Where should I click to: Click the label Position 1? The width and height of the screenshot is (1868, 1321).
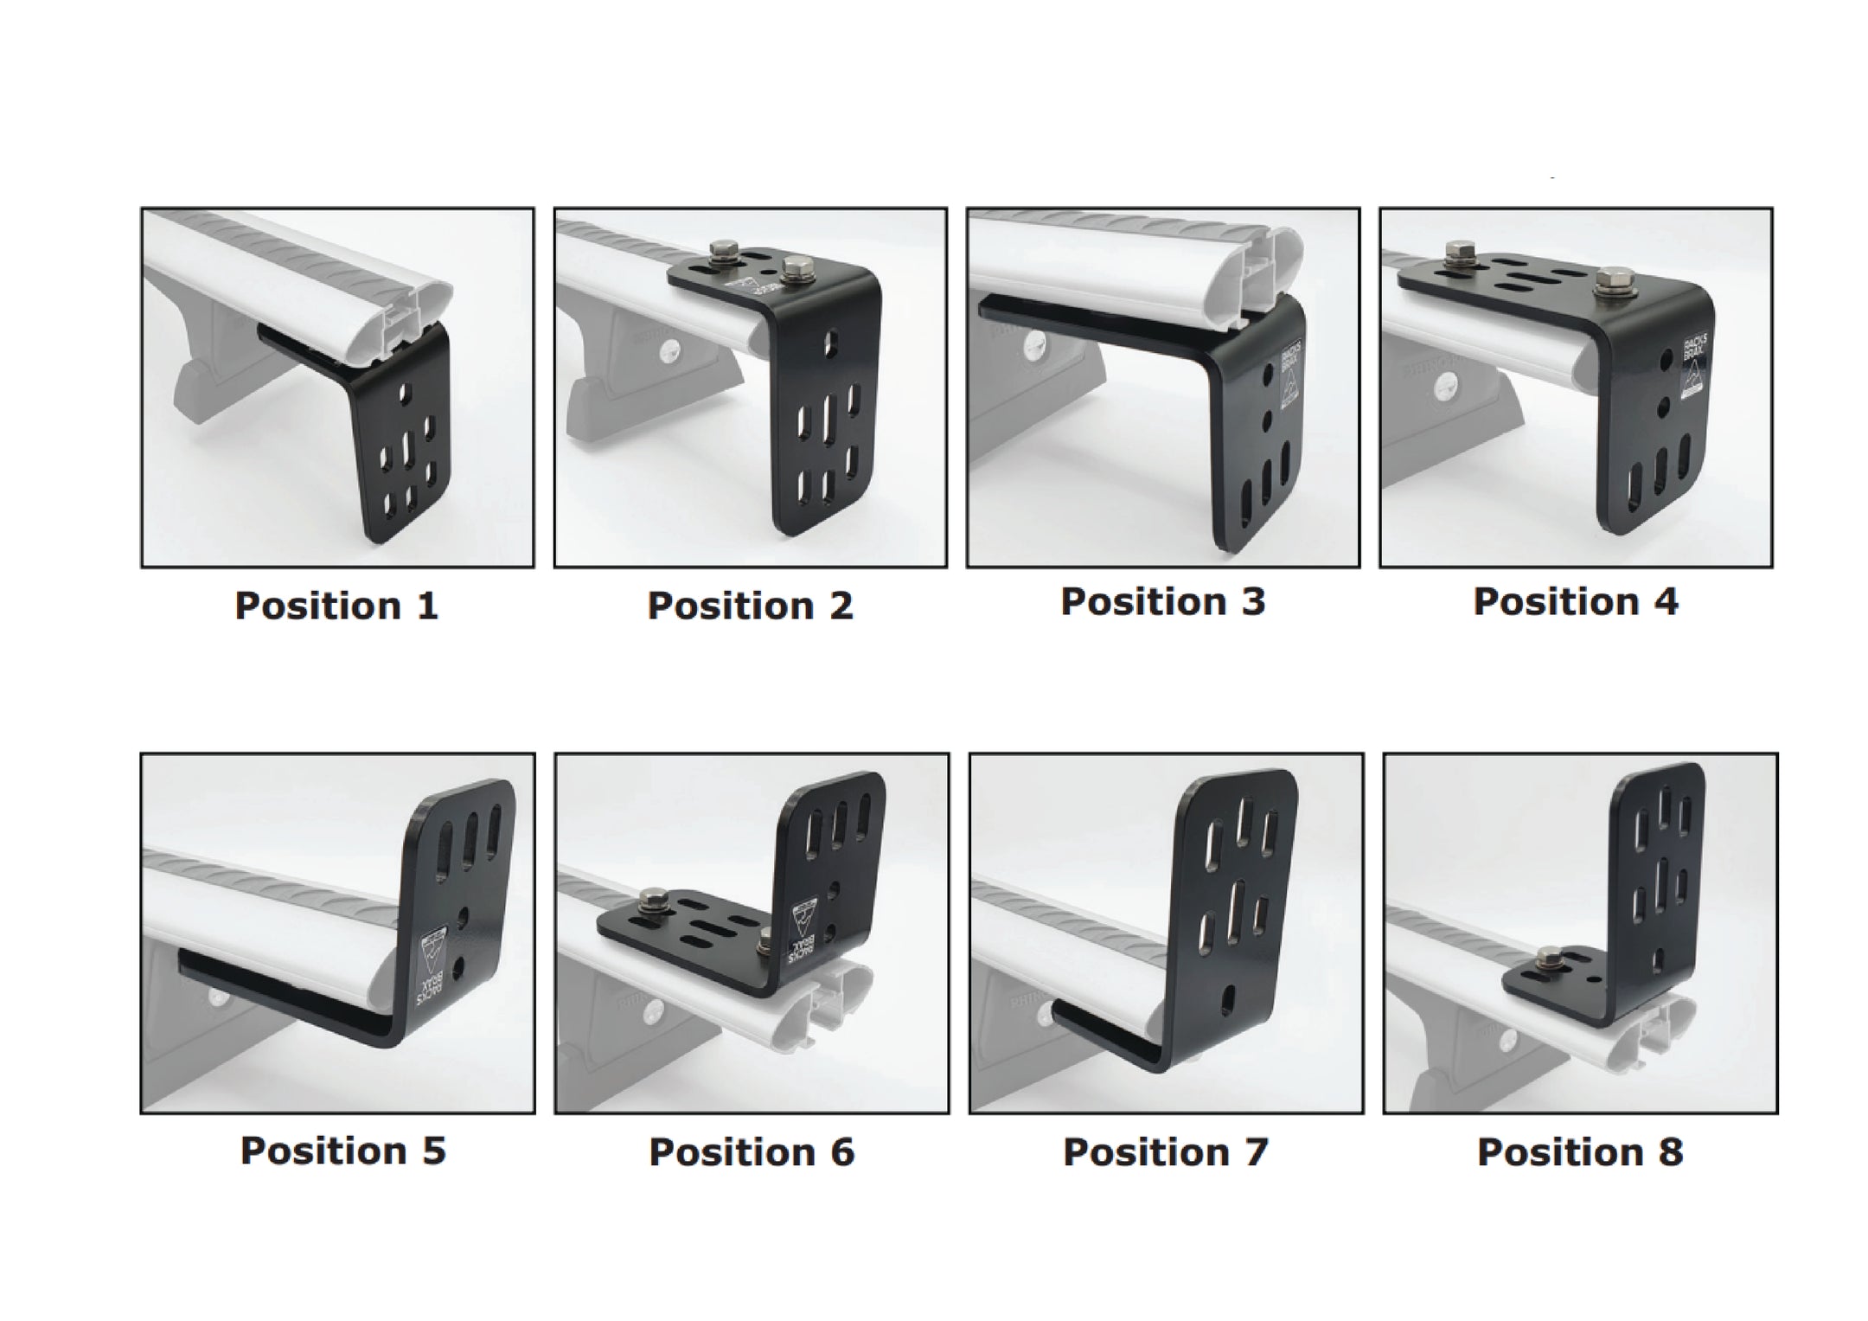coord(336,606)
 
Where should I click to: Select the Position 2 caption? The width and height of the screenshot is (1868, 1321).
coord(750,606)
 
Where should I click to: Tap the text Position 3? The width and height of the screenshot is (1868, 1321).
coord(1162,602)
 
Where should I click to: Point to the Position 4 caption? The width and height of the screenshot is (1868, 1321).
coord(1575,602)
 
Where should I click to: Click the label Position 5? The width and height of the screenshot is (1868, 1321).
coord(342,1151)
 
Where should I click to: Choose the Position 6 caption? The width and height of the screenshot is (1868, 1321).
coord(751,1152)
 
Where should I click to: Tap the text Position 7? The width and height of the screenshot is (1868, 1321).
coord(1165,1152)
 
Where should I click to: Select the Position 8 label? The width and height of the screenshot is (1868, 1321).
coord(1579,1152)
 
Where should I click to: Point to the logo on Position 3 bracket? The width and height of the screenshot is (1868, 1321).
coord(1287,376)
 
